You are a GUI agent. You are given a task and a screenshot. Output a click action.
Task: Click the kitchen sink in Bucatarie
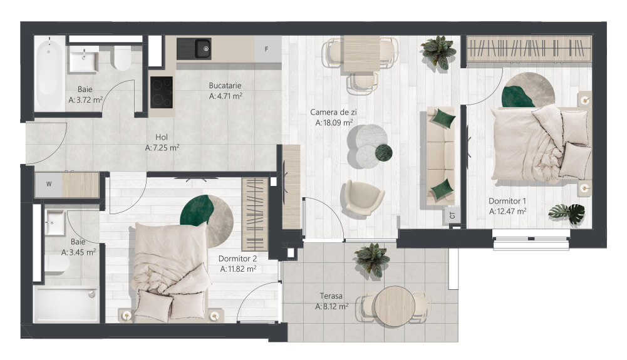tap(194, 49)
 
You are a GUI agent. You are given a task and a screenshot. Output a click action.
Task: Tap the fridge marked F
tap(267, 49)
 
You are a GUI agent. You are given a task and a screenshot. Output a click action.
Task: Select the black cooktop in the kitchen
tap(162, 92)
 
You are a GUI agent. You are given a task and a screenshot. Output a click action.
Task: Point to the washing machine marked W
tap(49, 184)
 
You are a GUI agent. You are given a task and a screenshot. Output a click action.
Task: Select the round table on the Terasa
tap(394, 306)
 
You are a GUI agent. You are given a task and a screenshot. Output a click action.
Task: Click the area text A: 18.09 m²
tap(334, 123)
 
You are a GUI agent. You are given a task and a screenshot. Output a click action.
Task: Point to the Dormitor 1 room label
tap(507, 201)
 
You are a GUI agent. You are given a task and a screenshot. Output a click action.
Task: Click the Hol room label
tap(162, 138)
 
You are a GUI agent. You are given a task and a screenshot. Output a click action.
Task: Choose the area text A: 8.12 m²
tap(331, 306)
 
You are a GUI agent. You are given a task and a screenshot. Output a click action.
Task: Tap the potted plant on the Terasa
tap(373, 260)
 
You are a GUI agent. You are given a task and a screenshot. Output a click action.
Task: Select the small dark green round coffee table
tap(383, 152)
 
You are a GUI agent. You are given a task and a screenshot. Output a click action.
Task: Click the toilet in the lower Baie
tap(56, 264)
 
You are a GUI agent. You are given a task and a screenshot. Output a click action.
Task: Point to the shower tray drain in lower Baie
tap(92, 294)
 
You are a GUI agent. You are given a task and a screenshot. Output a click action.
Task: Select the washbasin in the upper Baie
tap(83, 59)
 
